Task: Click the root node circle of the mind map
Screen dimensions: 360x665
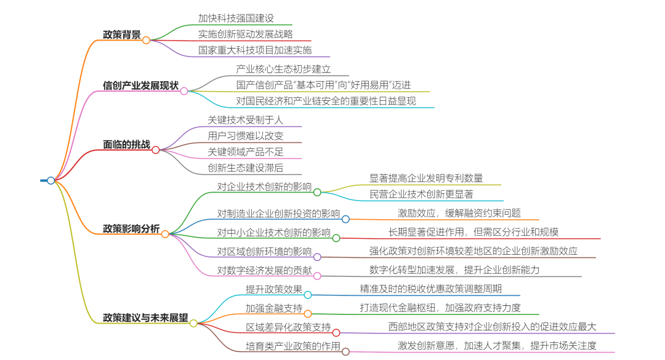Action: (x=51, y=180)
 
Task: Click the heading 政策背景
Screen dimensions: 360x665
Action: (x=122, y=34)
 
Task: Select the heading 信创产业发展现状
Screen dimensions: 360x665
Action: (x=140, y=85)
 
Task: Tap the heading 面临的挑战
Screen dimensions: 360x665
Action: (x=126, y=145)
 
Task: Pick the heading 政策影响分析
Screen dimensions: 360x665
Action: (x=131, y=229)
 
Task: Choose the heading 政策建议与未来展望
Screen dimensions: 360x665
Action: (x=145, y=318)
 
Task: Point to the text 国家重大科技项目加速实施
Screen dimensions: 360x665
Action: (x=254, y=50)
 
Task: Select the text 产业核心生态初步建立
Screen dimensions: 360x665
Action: (x=283, y=69)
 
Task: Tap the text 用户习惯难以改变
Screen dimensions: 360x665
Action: (x=246, y=135)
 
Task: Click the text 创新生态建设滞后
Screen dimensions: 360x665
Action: (x=246, y=167)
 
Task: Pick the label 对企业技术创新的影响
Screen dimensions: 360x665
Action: (x=264, y=186)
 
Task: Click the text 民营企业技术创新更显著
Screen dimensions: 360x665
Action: (x=421, y=194)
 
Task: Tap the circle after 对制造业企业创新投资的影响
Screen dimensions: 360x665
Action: (x=345, y=219)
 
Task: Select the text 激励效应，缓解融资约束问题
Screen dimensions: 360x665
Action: (x=459, y=213)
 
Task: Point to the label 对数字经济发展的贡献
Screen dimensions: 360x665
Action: (x=264, y=270)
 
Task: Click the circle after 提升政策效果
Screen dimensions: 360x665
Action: (x=308, y=295)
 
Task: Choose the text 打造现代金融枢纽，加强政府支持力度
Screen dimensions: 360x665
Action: (x=440, y=307)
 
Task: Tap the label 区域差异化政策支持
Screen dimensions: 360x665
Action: (x=288, y=327)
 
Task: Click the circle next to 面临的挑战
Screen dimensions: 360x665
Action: (x=156, y=150)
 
